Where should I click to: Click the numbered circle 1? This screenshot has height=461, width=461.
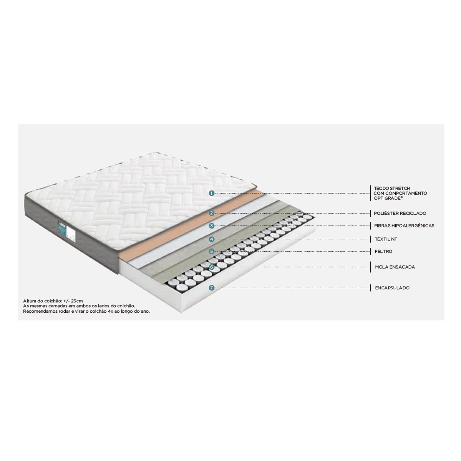[211, 193]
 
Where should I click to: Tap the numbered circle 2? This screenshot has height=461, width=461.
[211, 213]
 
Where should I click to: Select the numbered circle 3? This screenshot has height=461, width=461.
[211, 226]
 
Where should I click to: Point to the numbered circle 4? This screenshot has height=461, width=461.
[211, 239]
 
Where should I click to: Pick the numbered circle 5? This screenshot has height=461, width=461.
[211, 251]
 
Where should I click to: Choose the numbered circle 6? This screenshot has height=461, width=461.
[211, 267]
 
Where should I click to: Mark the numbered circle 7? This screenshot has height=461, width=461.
[211, 288]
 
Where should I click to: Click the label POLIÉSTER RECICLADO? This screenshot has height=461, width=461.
[400, 213]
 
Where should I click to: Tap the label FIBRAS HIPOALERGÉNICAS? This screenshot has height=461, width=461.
[404, 226]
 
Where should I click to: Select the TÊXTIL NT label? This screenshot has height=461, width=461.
[386, 239]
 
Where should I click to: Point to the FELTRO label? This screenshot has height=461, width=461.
[383, 251]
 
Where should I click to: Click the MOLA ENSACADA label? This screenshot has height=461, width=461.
[395, 267]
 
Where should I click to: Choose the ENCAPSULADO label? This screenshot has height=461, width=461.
[392, 288]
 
